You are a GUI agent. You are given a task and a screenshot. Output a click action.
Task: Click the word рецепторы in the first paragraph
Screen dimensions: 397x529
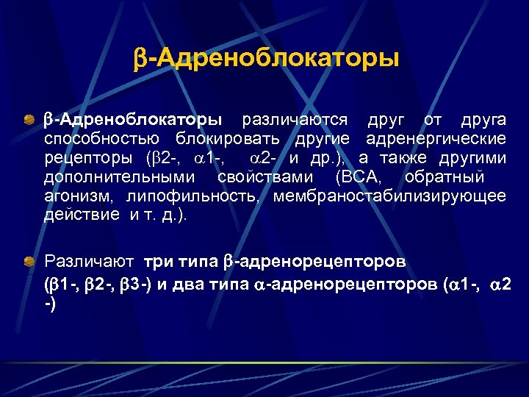[x=88, y=158]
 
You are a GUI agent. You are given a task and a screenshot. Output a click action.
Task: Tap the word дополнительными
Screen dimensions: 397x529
[x=120, y=177]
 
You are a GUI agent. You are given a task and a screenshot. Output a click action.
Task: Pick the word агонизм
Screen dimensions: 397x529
[x=79, y=196]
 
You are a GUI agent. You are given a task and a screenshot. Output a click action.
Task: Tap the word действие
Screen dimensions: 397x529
[x=81, y=215]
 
